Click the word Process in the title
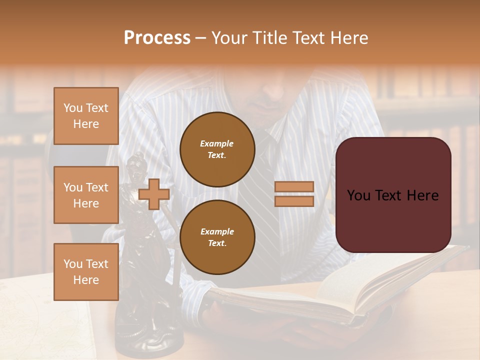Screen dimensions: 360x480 pyautogui.click(x=157, y=38)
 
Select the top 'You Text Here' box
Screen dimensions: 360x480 pyautogui.click(x=86, y=116)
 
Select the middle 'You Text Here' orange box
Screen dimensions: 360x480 pyautogui.click(x=86, y=195)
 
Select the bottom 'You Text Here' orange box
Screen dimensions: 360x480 pyautogui.click(x=86, y=271)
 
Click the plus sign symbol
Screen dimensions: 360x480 pyautogui.click(x=154, y=194)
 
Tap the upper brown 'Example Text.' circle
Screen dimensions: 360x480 pyautogui.click(x=217, y=149)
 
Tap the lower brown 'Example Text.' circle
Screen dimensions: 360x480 pyautogui.click(x=217, y=237)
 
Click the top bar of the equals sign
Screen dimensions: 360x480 pyautogui.click(x=294, y=186)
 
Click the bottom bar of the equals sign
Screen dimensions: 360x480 pyautogui.click(x=294, y=201)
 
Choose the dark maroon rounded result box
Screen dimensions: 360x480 pyautogui.click(x=393, y=195)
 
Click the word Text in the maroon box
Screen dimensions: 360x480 pyautogui.click(x=393, y=195)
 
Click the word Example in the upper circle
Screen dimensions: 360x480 pyautogui.click(x=216, y=143)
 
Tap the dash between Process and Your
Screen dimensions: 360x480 pyautogui.click(x=201, y=38)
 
